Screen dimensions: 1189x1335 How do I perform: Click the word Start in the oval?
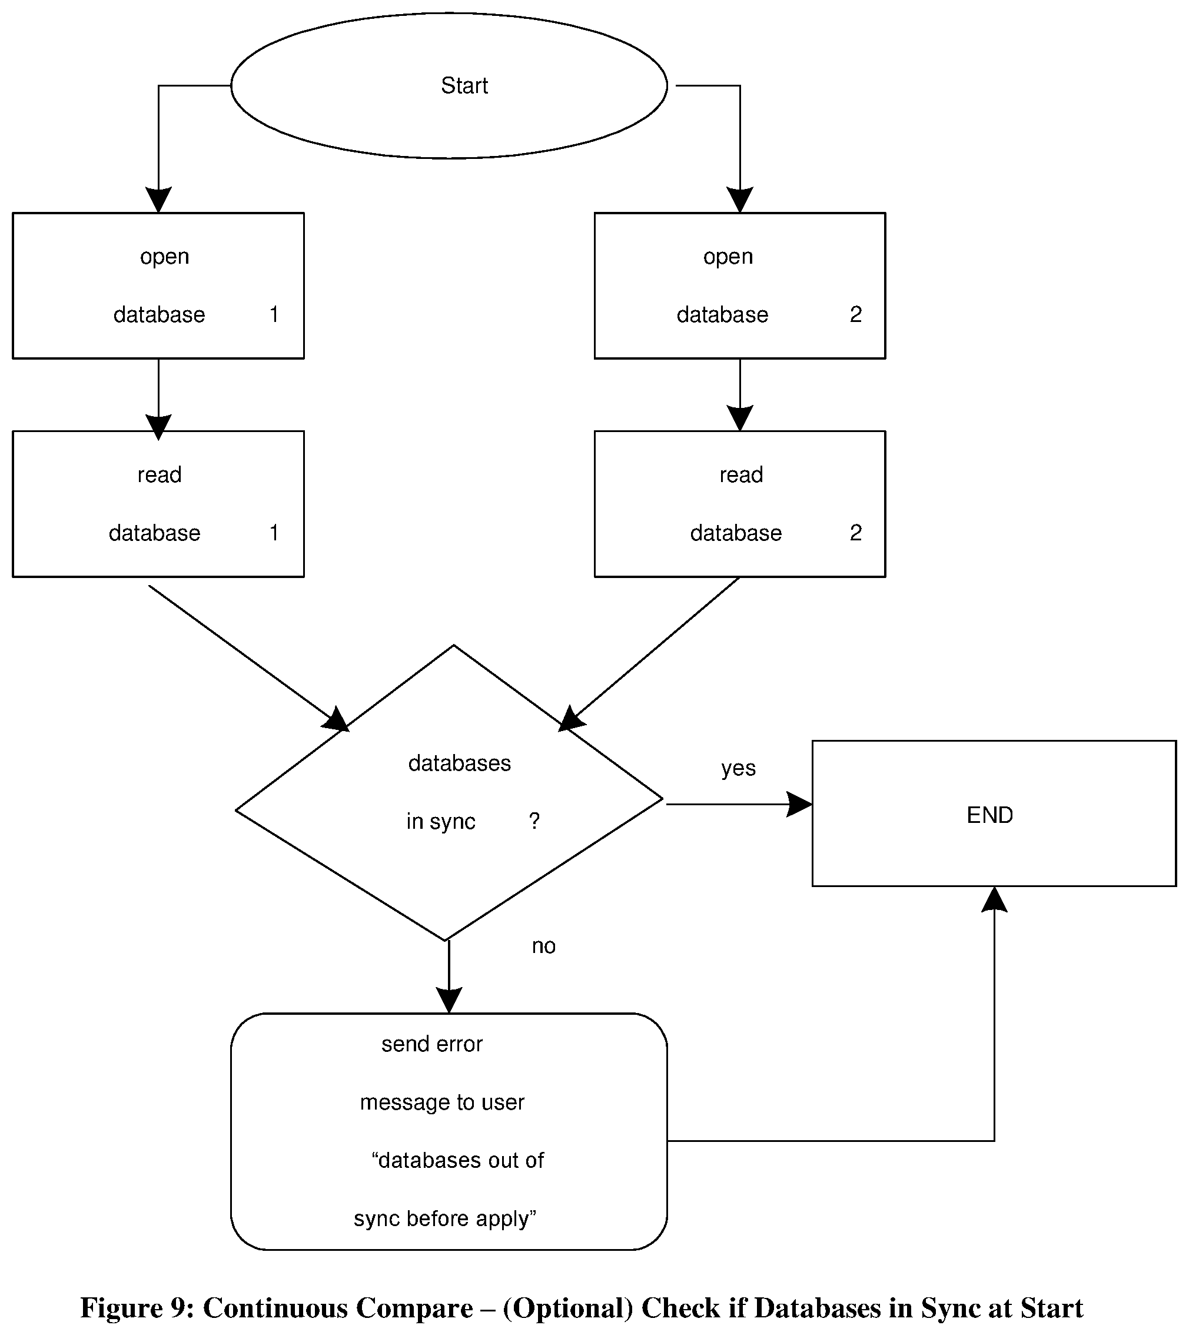coord(464,85)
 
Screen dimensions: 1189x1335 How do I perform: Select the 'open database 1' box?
coord(159,285)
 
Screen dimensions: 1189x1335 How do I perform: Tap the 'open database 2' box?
coord(740,285)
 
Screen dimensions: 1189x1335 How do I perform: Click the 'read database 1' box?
coord(159,503)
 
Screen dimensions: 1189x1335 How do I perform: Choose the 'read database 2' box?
coord(740,503)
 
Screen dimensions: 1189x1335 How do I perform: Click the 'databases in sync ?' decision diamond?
coord(450,792)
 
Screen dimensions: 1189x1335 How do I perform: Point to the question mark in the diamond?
coord(534,821)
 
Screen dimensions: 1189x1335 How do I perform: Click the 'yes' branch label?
coord(738,769)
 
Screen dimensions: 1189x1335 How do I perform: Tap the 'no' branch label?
coord(543,946)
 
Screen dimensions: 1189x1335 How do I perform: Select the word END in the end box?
coord(989,815)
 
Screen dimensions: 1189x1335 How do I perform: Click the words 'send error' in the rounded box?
coord(432,1044)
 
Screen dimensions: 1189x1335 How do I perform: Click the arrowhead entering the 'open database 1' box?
coord(159,200)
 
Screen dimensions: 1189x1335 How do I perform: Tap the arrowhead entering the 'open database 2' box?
coord(740,200)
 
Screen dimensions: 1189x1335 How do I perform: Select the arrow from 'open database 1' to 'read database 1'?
coord(159,398)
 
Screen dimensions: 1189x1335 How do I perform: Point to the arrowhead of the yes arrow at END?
coord(800,805)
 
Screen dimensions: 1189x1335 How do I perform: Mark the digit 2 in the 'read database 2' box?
coord(856,532)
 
